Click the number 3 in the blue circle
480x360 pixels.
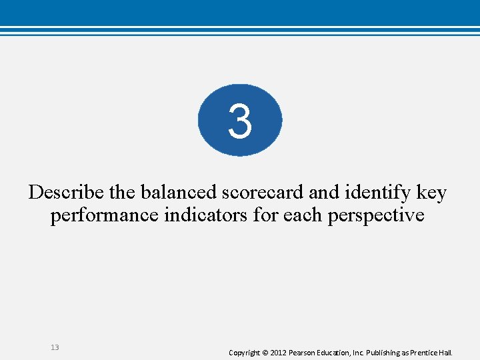tap(240, 121)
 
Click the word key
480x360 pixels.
tap(431, 193)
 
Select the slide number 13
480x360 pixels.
tap(55, 347)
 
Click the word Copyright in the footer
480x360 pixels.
tap(244, 352)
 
